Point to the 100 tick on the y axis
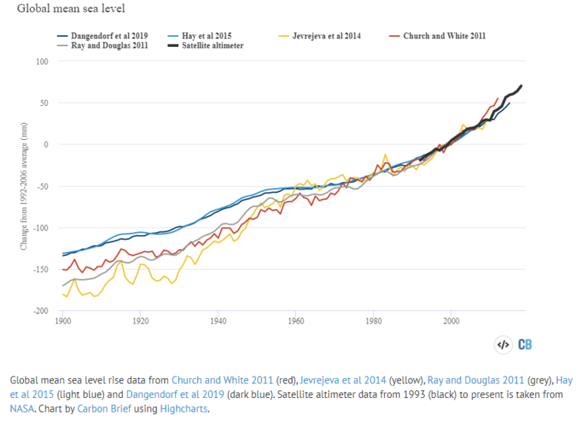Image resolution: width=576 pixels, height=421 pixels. tap(42, 61)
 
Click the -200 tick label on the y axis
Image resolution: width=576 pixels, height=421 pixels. tap(40, 311)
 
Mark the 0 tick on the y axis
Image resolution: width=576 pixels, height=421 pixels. tap(46, 144)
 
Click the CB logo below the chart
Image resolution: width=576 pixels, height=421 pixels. tap(526, 344)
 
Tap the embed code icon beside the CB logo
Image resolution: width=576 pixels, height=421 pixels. tap(502, 344)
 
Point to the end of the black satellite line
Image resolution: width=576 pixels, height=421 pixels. tap(521, 85)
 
